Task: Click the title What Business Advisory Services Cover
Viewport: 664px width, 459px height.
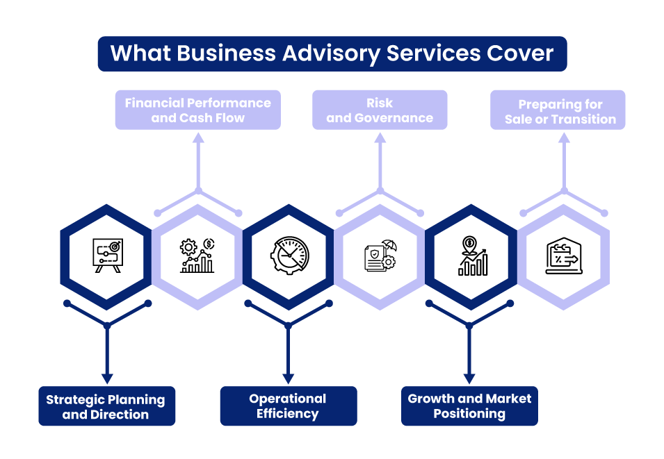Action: click(x=332, y=53)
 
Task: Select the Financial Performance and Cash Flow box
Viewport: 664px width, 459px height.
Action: click(x=197, y=110)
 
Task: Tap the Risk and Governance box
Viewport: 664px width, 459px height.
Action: click(x=380, y=110)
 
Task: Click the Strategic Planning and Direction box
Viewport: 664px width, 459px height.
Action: click(x=106, y=406)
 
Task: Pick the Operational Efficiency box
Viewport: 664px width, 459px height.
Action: click(x=288, y=406)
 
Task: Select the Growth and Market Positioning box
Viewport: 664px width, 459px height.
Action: click(x=469, y=406)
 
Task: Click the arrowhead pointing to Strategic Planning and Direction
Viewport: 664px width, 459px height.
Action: click(x=106, y=378)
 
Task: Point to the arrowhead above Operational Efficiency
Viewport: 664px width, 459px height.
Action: click(x=288, y=378)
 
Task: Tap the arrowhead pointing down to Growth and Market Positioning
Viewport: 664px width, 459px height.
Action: click(x=469, y=378)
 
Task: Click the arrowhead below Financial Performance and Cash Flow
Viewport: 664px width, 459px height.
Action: click(x=198, y=137)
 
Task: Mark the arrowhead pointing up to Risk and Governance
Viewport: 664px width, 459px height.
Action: click(x=380, y=137)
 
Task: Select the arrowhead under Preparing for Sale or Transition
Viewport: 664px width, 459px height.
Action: click(x=564, y=137)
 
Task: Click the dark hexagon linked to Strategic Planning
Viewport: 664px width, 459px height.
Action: click(x=106, y=257)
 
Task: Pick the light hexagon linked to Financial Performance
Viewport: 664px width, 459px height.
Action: click(x=197, y=257)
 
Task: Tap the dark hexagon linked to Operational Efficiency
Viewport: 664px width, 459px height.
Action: click(x=288, y=257)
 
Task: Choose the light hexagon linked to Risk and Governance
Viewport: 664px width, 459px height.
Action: click(x=380, y=257)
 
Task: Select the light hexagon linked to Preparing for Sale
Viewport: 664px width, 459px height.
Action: click(x=564, y=257)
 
